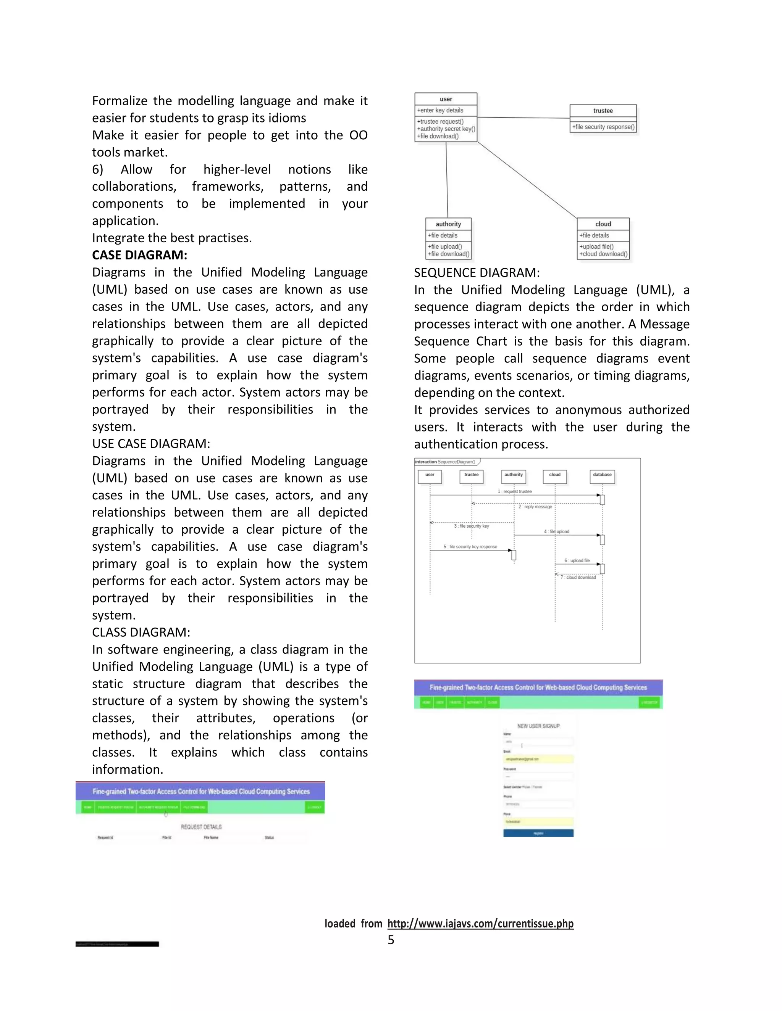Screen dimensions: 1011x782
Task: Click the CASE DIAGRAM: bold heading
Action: [x=139, y=255]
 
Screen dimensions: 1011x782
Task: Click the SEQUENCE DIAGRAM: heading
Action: [x=477, y=273]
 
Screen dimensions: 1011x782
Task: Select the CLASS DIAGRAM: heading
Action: [x=141, y=632]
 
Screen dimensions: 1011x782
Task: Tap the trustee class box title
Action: [x=603, y=111]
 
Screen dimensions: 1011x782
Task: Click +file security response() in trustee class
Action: [x=603, y=127]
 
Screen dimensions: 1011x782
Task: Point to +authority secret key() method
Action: [x=446, y=129]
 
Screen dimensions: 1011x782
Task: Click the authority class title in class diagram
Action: [x=448, y=224]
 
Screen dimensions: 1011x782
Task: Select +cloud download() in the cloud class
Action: [x=603, y=254]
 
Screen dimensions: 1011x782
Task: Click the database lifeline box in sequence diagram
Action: [x=602, y=475]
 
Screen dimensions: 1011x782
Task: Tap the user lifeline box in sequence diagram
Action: [x=430, y=475]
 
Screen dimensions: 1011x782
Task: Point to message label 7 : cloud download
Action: [x=578, y=577]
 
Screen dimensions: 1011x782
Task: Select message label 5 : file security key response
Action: [x=470, y=547]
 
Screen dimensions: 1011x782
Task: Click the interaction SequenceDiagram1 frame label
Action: [x=445, y=462]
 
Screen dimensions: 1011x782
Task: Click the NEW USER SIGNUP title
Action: [x=538, y=726]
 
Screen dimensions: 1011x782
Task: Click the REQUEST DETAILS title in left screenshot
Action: [x=201, y=827]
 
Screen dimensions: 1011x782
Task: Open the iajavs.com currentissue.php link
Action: [x=480, y=924]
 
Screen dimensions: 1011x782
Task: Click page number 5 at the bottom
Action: [x=391, y=940]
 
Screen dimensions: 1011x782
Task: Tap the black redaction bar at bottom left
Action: [x=117, y=944]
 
